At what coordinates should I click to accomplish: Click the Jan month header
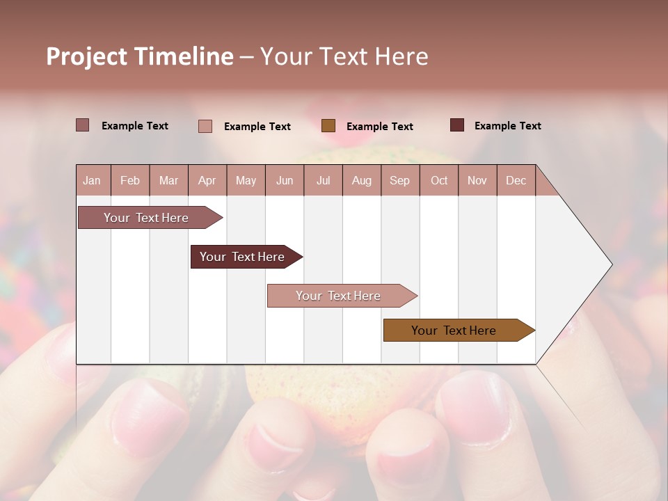[x=92, y=180]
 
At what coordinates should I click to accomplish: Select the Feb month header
[x=130, y=180]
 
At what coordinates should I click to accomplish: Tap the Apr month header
[x=207, y=180]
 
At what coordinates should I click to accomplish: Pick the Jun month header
[x=285, y=180]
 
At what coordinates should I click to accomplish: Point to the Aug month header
[x=361, y=180]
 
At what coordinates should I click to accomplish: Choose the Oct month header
[x=439, y=180]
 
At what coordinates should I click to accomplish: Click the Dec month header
[x=516, y=180]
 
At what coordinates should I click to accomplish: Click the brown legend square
[x=328, y=125]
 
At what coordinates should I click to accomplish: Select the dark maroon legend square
[x=457, y=125]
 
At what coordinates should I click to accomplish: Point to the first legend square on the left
[x=83, y=125]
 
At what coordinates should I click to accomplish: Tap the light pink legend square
[x=205, y=126]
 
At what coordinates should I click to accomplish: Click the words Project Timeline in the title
[x=139, y=56]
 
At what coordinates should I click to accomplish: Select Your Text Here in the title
[x=344, y=56]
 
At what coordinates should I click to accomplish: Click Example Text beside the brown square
[x=379, y=127]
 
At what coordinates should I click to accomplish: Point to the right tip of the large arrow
[x=610, y=264]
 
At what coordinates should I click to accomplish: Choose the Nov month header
[x=477, y=180]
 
